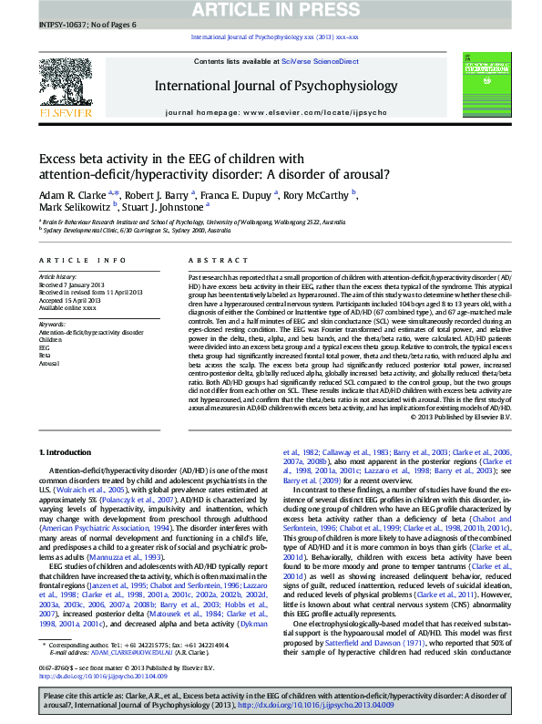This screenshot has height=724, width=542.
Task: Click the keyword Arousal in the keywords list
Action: coord(49,362)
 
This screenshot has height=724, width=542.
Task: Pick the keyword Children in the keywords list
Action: coord(50,340)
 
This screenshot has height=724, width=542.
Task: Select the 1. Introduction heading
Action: coord(66,452)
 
